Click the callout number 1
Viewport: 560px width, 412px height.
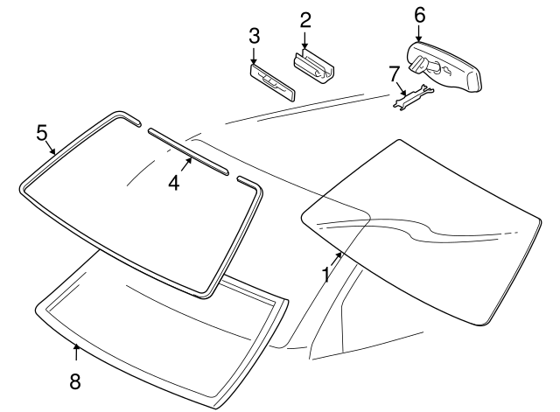pyautogui.click(x=325, y=275)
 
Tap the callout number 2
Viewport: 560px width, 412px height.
pyautogui.click(x=304, y=19)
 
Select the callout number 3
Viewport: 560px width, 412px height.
pyautogui.click(x=254, y=36)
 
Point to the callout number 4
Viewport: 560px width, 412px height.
pyautogui.click(x=174, y=184)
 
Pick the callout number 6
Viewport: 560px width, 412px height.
pyautogui.click(x=419, y=15)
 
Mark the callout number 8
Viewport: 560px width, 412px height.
pyautogui.click(x=75, y=381)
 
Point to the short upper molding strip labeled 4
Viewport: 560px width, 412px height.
pyautogui.click(x=187, y=150)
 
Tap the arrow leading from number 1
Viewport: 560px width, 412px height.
pyautogui.click(x=336, y=257)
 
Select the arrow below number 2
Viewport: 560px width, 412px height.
pyautogui.click(x=305, y=39)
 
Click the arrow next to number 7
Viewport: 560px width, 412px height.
pyautogui.click(x=401, y=86)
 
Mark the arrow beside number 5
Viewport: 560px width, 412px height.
pyautogui.click(x=52, y=146)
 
